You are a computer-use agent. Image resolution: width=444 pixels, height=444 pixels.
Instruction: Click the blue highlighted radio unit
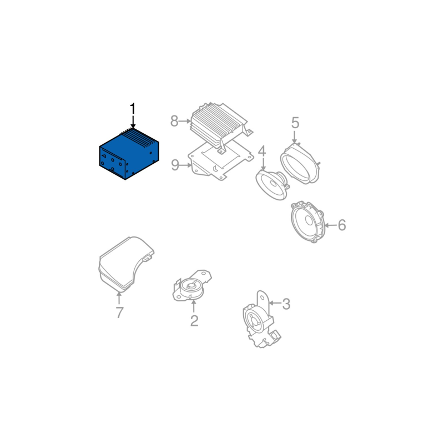pos(129,154)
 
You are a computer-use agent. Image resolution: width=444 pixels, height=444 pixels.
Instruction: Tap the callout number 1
pos(133,109)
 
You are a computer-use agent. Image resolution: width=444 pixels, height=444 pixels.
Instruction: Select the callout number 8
pos(174,121)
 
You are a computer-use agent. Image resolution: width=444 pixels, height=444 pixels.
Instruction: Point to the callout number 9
pos(175,165)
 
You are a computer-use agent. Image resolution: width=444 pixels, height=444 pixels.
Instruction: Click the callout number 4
pos(262,151)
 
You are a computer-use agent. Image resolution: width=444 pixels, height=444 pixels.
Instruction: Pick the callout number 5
pos(295,123)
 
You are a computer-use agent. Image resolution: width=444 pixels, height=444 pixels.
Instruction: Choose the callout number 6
pos(342,225)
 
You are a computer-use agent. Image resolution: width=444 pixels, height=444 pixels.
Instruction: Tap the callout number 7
pos(119,312)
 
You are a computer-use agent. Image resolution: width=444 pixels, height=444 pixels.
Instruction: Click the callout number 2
pos(194,321)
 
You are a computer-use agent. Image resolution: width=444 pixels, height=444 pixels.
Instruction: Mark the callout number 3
pos(286,304)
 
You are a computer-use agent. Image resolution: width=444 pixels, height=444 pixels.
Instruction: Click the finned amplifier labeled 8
pos(219,128)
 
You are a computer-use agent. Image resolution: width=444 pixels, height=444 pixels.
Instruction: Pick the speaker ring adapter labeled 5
pos(300,164)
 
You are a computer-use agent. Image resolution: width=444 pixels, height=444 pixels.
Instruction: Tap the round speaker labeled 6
pos(307,222)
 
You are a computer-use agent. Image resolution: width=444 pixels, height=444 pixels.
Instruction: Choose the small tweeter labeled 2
pos(191,285)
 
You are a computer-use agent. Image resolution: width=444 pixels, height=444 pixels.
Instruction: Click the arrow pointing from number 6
pos(330,225)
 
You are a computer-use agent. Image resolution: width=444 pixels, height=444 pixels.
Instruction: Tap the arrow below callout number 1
pos(133,123)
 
